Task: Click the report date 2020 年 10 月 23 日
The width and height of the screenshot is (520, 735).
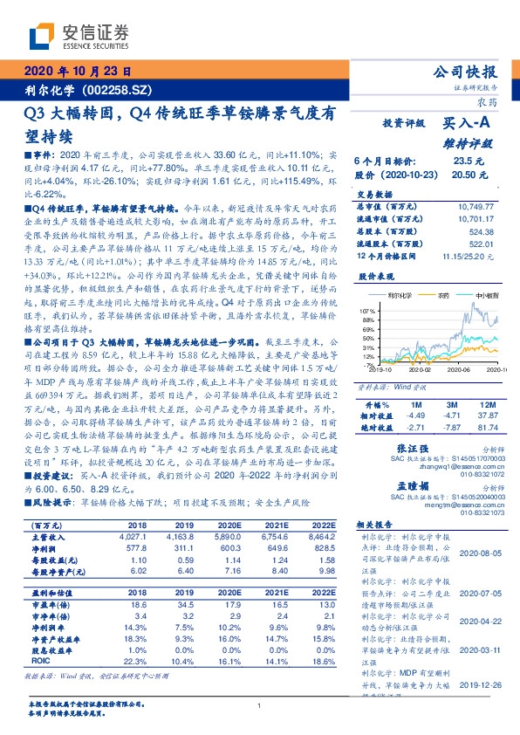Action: (78, 72)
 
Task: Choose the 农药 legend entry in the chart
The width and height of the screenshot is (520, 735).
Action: (443, 297)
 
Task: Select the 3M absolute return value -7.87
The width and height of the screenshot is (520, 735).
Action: (448, 427)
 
